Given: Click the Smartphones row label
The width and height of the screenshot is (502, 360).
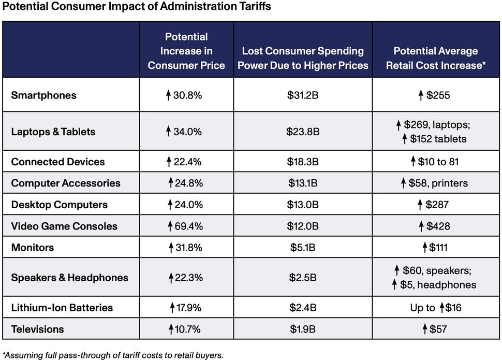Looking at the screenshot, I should tap(43, 95).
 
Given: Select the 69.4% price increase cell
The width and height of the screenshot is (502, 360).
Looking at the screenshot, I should tap(186, 226).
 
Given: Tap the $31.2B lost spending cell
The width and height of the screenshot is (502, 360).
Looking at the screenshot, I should tap(303, 95).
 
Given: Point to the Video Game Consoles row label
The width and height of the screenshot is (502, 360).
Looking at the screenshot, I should tap(64, 226).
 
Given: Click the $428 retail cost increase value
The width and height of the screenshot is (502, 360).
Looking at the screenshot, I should tap(435, 226).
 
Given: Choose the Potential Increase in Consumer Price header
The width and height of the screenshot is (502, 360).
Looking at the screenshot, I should tap(186, 51).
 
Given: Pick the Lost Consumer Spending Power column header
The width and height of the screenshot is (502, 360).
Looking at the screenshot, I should tap(303, 58).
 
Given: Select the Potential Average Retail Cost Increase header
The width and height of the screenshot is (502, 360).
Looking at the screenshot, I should tap(436, 58).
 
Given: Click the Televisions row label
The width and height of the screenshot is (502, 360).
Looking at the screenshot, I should tap(38, 329).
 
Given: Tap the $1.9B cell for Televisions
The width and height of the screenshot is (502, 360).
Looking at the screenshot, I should tap(303, 329).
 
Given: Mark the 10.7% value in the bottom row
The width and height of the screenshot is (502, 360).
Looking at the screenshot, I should tap(186, 329).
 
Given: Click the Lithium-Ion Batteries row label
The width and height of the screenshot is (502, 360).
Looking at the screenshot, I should tap(62, 308).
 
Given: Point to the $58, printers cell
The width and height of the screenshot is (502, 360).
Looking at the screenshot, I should tap(436, 183).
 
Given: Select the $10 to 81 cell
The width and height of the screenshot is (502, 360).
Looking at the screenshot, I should tap(435, 162).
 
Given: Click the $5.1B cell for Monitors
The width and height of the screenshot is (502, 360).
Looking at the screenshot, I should tap(303, 248).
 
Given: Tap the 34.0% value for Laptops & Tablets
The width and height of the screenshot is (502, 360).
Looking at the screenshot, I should tap(186, 132).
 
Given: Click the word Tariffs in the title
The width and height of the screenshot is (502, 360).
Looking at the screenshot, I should tap(251, 7).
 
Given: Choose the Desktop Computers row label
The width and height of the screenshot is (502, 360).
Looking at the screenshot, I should tap(60, 205).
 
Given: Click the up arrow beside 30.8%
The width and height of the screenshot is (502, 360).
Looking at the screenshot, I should tap(168, 95).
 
